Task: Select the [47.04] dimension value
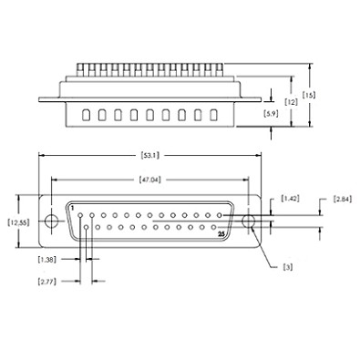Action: tap(151, 180)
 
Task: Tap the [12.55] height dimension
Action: tap(18, 221)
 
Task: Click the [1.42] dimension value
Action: tap(291, 198)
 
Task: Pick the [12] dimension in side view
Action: tap(291, 102)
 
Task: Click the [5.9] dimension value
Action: tap(270, 114)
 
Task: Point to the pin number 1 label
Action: tap(72, 208)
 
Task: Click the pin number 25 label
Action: tap(221, 234)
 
